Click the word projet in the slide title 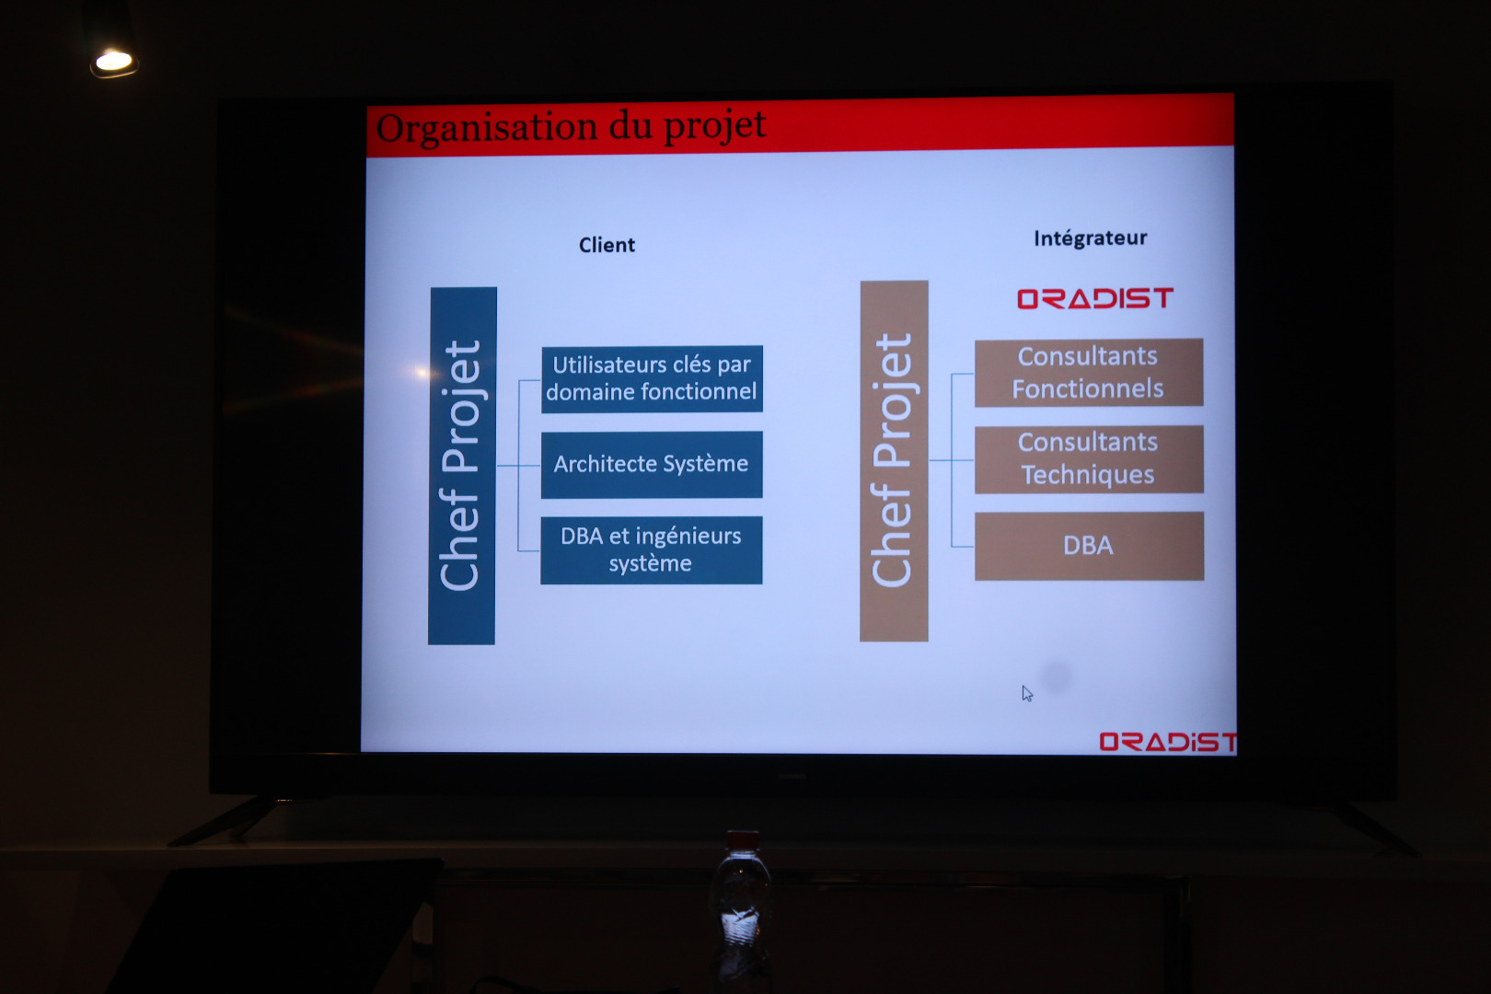tap(715, 125)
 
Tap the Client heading tap(607, 245)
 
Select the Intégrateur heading tap(1090, 237)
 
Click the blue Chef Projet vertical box tap(462, 466)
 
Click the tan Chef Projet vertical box tap(894, 461)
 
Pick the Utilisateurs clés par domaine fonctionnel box tap(652, 379)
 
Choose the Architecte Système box tap(652, 465)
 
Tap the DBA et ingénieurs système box tap(651, 550)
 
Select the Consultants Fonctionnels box tap(1089, 372)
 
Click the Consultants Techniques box tap(1089, 459)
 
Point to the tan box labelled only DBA tap(1089, 546)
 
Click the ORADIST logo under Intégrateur tap(1094, 298)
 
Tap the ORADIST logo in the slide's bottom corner tap(1168, 742)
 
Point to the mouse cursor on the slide tap(1027, 694)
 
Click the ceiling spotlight tap(113, 62)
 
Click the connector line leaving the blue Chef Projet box tap(518, 466)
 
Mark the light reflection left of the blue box tap(421, 372)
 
